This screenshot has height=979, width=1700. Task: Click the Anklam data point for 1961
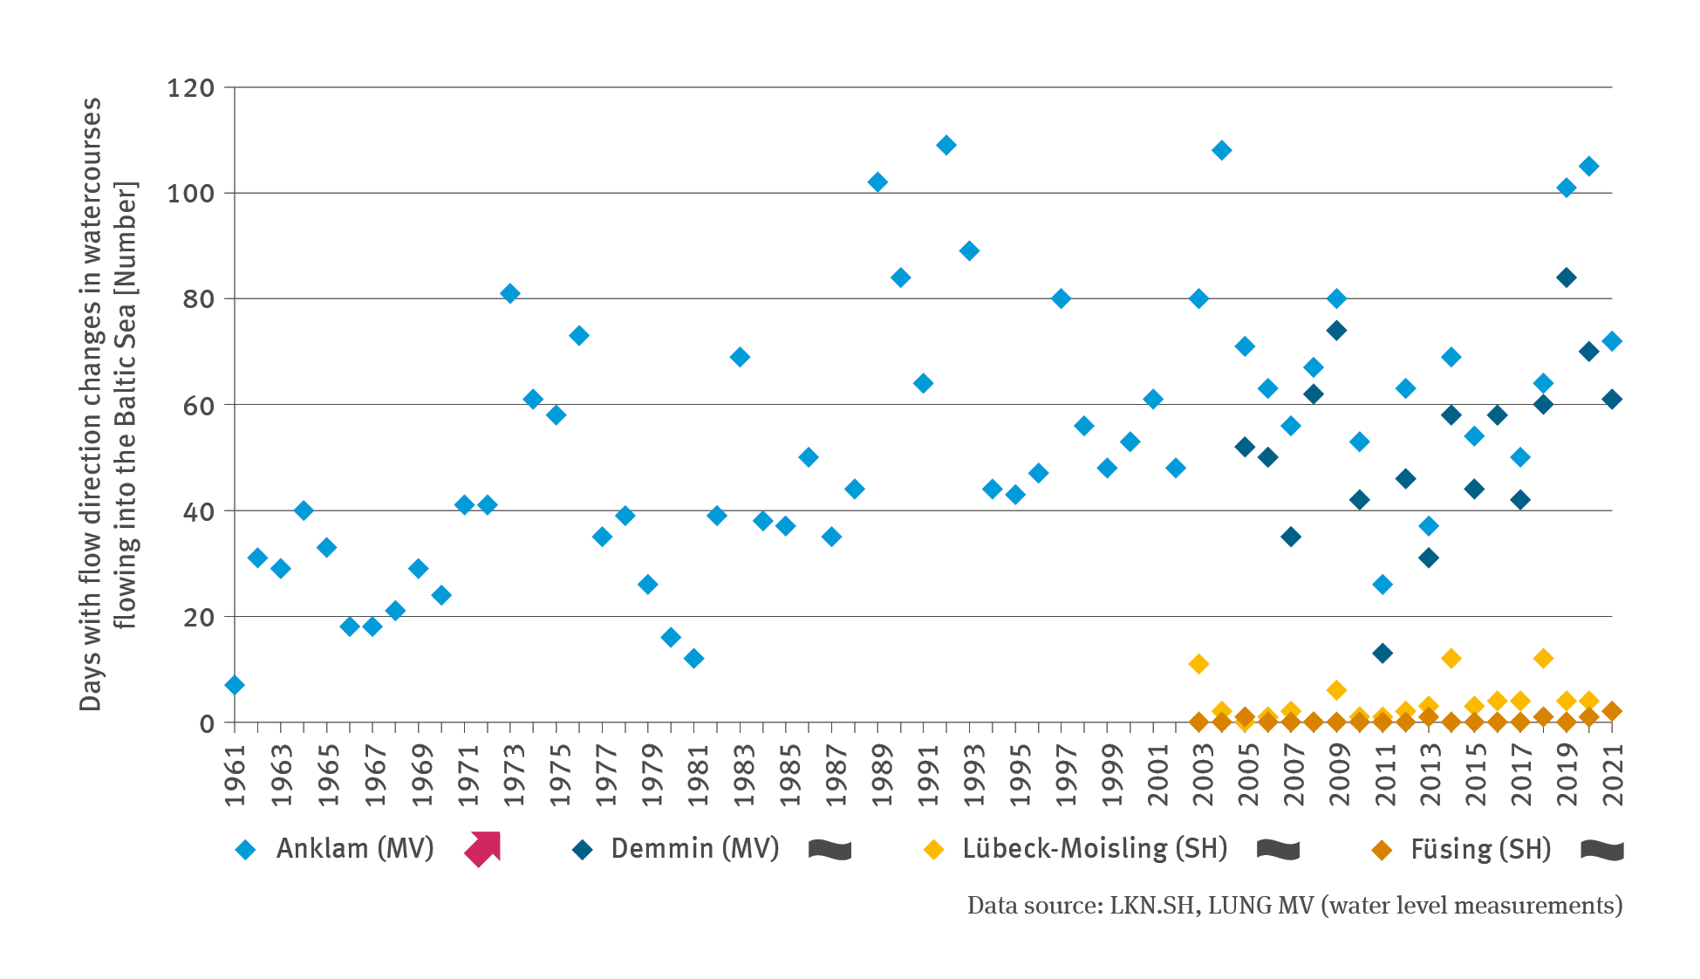pos(234,686)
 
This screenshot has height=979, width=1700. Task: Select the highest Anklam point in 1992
pos(946,145)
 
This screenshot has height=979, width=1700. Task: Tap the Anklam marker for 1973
pos(510,293)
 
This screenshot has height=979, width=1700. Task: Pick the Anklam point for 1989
pos(877,182)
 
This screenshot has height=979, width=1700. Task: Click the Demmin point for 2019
pos(1567,277)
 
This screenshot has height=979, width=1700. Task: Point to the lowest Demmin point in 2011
pos(1383,653)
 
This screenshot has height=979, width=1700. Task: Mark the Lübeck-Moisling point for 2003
pos(1198,664)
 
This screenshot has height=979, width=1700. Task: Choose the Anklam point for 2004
pos(1222,150)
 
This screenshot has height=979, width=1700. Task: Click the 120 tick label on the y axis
pos(190,88)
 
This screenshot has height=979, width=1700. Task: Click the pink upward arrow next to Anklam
pos(483,849)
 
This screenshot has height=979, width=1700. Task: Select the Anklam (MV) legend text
pos(355,849)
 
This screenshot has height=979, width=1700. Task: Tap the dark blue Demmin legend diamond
pos(583,850)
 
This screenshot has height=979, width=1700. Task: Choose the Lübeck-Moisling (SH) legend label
pos(1095,849)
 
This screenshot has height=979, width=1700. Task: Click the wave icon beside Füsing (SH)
pos(1602,850)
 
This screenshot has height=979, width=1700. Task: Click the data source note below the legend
pos(1294,906)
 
